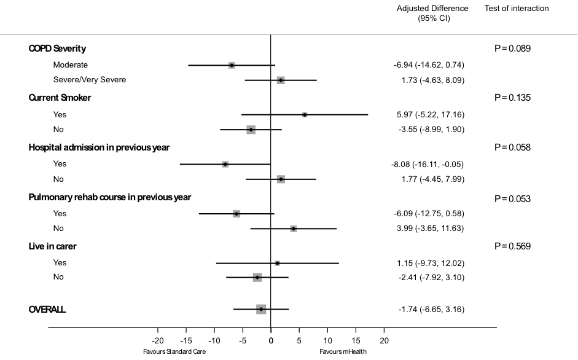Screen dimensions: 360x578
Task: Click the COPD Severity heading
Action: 57,49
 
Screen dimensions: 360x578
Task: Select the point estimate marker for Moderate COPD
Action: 232,65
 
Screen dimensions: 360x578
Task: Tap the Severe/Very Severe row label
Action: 90,80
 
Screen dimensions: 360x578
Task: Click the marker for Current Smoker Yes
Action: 305,115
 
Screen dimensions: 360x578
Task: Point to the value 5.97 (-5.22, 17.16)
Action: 429,114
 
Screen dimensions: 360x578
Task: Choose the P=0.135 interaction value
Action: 512,98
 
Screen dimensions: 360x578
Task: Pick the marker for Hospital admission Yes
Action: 225,164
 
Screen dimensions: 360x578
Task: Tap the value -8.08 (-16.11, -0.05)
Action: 429,164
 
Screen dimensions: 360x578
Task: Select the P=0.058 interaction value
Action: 512,147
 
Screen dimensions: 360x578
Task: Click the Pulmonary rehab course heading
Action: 110,197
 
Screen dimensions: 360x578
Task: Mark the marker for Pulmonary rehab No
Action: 294,229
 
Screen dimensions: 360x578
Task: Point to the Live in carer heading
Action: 53,246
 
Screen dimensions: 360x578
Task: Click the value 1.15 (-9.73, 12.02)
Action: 430,263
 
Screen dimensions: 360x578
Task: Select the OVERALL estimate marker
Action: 261,309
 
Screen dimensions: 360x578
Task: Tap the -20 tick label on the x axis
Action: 158,340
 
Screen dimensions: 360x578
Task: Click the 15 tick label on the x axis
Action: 356,340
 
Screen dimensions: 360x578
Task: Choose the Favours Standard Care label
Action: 174,352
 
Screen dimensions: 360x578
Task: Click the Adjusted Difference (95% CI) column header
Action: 432,13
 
